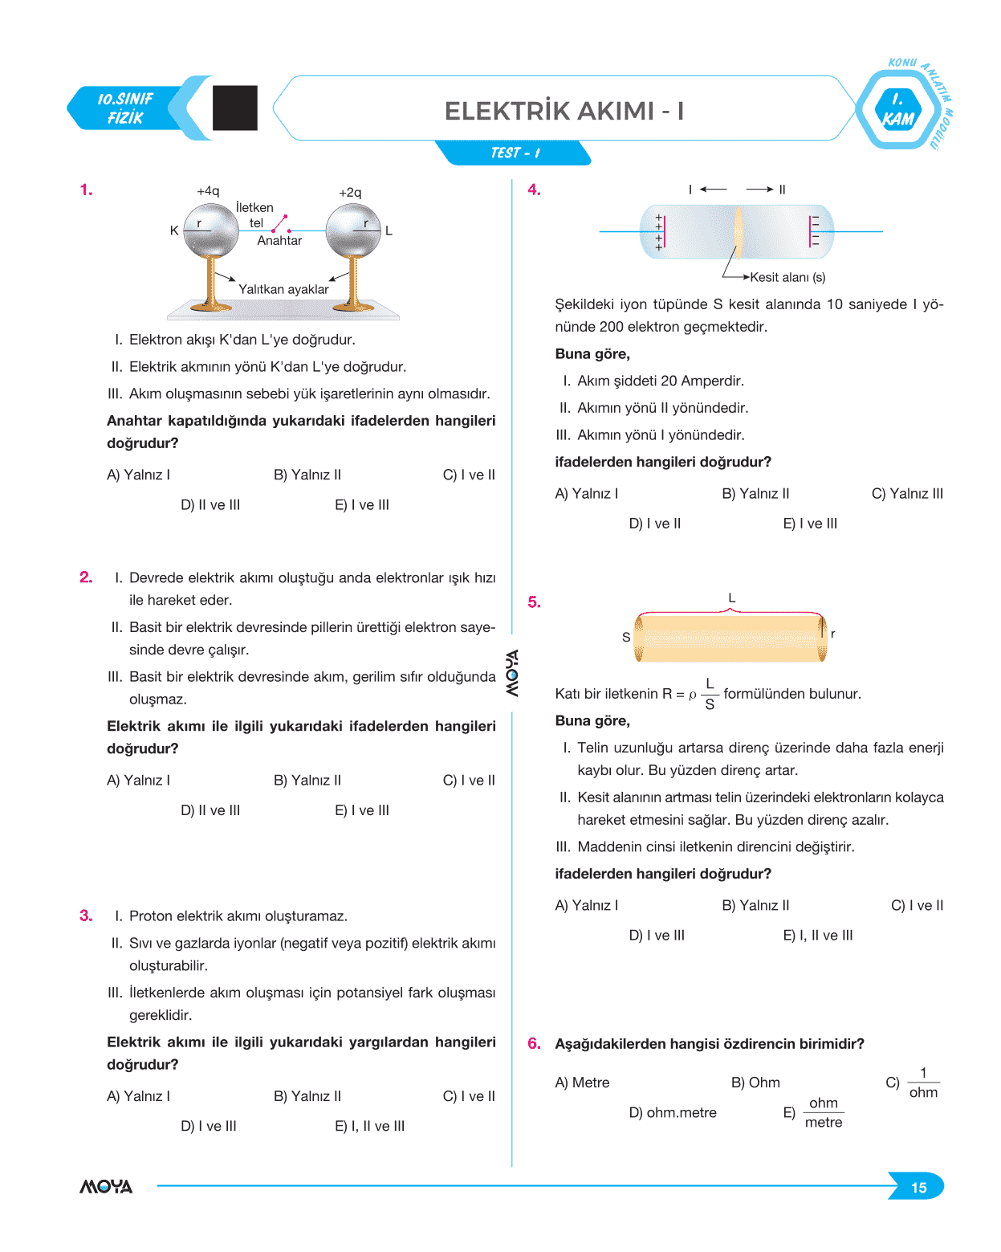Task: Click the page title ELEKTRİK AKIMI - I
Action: (x=564, y=111)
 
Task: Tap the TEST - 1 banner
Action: (x=515, y=153)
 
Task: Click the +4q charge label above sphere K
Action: (x=208, y=191)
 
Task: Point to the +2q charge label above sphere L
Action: (x=350, y=193)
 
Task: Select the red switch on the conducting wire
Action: (x=280, y=223)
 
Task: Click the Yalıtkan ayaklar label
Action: (x=283, y=289)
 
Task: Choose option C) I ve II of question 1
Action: (x=469, y=475)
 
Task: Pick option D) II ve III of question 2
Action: (x=210, y=810)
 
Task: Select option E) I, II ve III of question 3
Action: (x=369, y=1126)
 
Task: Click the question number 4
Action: (x=534, y=190)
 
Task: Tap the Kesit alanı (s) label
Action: (x=787, y=277)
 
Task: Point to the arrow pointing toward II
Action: (x=759, y=190)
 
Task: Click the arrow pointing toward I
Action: (x=713, y=190)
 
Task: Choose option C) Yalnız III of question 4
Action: (x=907, y=493)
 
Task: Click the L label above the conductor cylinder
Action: (x=731, y=598)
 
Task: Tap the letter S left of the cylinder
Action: (x=626, y=637)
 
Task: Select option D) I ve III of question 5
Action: (x=657, y=935)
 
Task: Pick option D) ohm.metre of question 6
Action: (x=673, y=1112)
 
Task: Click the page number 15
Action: (x=918, y=1188)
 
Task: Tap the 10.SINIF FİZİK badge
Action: (x=125, y=108)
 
